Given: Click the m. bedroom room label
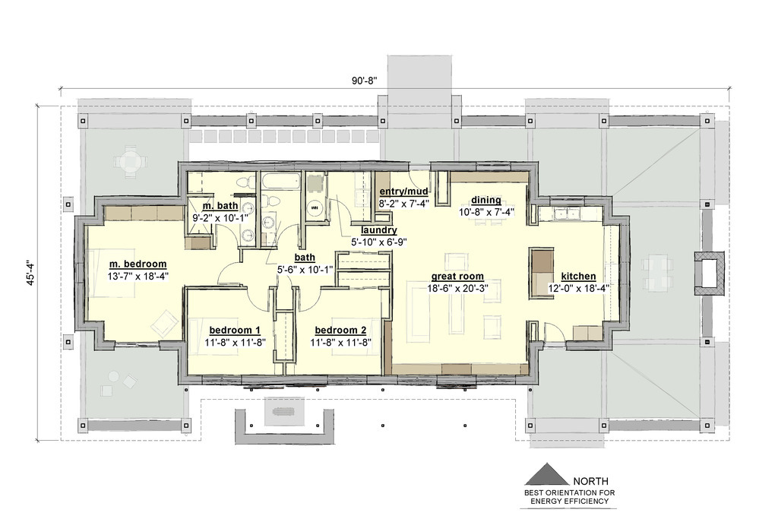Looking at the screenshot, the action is pos(138,264).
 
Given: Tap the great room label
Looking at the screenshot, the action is pos(457,277).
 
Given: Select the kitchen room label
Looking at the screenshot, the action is pos(578,277).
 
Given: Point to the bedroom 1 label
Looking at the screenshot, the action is pos(235,330).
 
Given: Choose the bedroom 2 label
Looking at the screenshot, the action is pos(340,330).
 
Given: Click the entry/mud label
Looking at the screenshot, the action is pos(403,191).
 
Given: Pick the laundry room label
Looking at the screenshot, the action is pos(378,229).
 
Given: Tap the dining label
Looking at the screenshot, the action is pos(485,200).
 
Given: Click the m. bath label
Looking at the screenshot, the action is pos(220,205).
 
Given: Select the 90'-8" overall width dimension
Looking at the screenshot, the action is pos(365,81).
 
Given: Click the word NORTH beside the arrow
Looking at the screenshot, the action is pos(590,481).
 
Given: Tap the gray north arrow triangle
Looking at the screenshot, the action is pos(547,474).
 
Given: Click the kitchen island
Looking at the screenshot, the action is pos(542,273).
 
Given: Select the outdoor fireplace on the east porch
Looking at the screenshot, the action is pos(709,274).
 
